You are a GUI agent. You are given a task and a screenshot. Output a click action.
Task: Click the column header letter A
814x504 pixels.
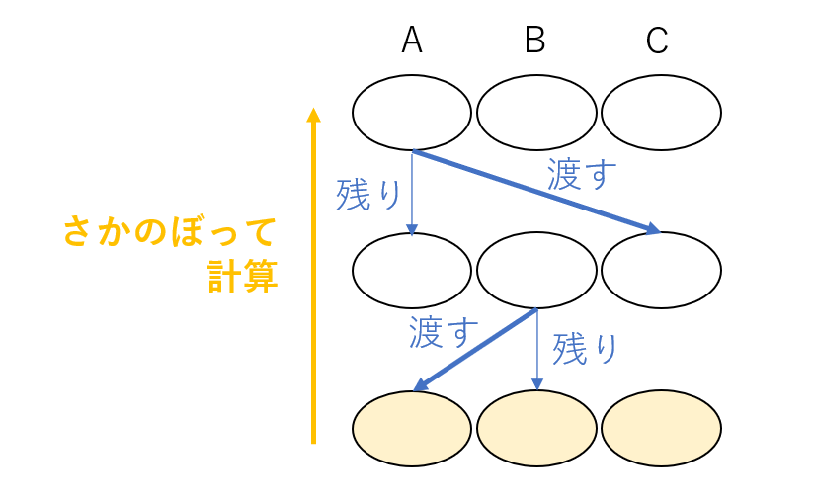412,40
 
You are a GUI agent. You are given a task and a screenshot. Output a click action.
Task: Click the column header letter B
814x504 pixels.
535,40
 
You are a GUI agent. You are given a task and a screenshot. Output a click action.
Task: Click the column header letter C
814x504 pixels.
657,41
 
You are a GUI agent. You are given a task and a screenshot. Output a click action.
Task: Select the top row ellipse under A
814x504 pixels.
412,113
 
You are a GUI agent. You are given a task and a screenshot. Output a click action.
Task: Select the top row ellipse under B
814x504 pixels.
536,113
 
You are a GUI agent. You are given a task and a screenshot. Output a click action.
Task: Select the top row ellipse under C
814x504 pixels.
661,113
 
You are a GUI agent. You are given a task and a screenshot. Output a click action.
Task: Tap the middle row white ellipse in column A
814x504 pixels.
412,270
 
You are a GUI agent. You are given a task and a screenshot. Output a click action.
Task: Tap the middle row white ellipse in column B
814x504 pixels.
536,270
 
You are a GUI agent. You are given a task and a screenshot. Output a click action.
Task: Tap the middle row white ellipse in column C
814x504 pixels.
661,270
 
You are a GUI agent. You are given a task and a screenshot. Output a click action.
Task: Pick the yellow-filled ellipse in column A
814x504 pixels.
412,428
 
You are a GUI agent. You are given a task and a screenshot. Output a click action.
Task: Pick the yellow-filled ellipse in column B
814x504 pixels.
536,428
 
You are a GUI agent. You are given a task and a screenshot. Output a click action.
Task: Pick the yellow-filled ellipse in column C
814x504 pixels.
661,428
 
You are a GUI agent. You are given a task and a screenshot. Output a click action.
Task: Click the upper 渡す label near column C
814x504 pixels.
582,175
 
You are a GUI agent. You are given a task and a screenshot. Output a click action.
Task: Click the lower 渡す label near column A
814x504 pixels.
444,333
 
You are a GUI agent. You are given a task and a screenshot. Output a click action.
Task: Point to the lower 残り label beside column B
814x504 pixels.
586,349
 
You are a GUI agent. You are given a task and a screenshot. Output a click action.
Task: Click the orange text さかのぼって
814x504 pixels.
169,233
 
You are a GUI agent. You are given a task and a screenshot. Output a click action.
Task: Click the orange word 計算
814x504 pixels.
242,278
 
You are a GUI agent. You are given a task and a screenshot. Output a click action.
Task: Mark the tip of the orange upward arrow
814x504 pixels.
313,112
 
